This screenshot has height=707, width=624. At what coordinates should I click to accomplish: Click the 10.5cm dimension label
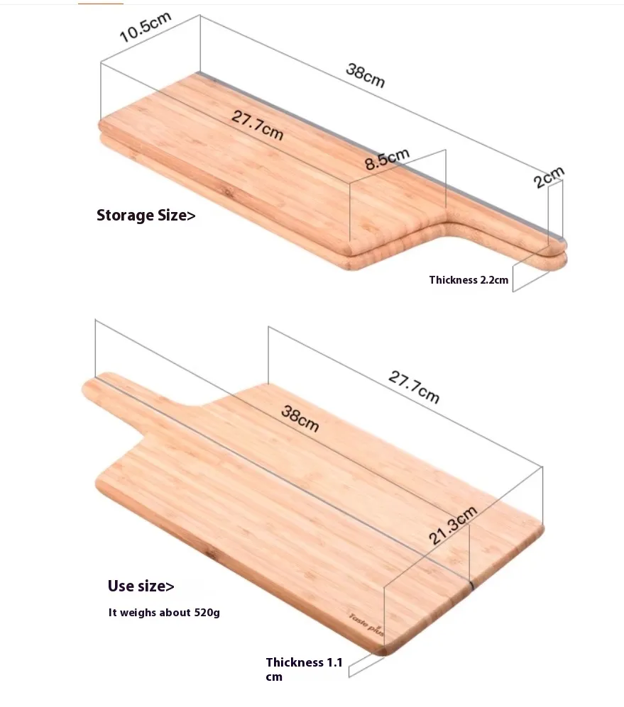tap(146, 27)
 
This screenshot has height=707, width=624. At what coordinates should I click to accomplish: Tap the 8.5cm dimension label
tap(388, 159)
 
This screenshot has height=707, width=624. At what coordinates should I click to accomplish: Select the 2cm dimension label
tap(549, 177)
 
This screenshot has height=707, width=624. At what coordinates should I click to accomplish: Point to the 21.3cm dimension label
tap(452, 525)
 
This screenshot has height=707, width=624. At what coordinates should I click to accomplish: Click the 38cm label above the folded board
tap(366, 75)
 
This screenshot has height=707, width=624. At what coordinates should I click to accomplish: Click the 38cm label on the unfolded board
tap(300, 418)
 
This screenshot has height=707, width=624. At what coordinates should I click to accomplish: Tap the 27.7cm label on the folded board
tap(257, 125)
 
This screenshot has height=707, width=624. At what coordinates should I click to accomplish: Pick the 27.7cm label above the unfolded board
tap(414, 387)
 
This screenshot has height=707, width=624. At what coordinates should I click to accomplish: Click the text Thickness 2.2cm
tap(469, 280)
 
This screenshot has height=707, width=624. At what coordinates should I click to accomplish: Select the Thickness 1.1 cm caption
tap(304, 669)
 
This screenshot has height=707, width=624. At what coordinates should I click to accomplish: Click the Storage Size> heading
tap(146, 215)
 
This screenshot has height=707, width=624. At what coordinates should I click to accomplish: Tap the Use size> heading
tap(141, 586)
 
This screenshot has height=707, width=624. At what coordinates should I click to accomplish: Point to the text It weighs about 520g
tap(164, 612)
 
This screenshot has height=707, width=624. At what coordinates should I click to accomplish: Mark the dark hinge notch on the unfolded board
tap(471, 585)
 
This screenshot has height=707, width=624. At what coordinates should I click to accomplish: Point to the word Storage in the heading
tap(125, 215)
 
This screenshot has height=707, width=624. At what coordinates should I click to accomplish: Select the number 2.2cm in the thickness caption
tap(494, 280)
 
